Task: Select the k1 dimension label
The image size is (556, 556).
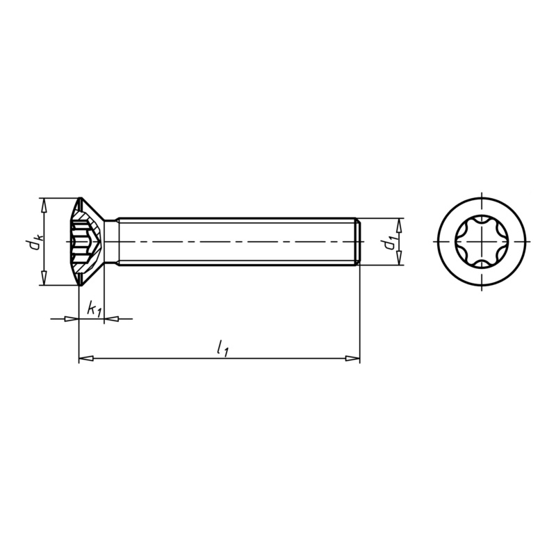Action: pyautogui.click(x=94, y=309)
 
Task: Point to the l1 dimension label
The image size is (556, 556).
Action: pyautogui.click(x=222, y=348)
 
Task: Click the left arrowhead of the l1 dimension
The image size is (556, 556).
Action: pyautogui.click(x=85, y=359)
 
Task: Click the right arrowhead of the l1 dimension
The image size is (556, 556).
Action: pyautogui.click(x=352, y=359)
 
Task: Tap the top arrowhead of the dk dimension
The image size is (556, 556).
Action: pyautogui.click(x=44, y=205)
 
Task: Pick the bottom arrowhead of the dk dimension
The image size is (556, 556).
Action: pyautogui.click(x=44, y=277)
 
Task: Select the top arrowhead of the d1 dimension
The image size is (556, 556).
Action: pyautogui.click(x=399, y=225)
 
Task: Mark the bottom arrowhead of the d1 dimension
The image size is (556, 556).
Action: pyautogui.click(x=399, y=257)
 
